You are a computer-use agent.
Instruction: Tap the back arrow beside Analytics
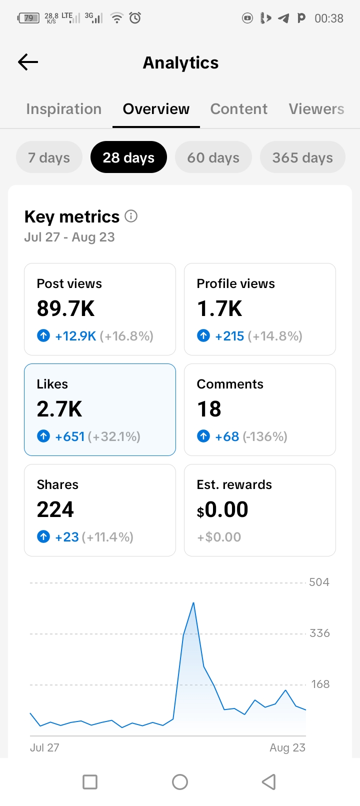[28, 62]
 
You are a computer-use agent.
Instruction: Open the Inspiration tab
[63, 109]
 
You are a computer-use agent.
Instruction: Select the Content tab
[238, 109]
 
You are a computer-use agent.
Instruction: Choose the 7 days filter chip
[49, 157]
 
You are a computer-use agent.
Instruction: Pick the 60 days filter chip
[213, 157]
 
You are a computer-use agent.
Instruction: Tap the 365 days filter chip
[302, 157]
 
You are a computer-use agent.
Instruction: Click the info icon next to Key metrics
[131, 216]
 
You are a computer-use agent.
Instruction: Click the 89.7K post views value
[65, 308]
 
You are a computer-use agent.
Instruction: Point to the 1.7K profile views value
[219, 308]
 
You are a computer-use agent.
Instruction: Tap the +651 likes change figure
[69, 436]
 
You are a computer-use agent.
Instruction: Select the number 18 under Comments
[209, 409]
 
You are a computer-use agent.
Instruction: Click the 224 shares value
[55, 509]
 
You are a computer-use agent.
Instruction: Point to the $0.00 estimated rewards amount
[222, 509]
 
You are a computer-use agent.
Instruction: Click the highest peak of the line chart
[193, 602]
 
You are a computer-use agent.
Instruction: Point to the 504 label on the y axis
[319, 582]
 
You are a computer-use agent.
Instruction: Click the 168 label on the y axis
[320, 684]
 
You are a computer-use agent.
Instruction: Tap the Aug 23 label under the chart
[287, 747]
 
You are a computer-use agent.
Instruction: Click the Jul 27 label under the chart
[44, 747]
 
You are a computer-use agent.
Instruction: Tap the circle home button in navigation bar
[180, 782]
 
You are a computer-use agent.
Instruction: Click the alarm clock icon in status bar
[135, 17]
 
